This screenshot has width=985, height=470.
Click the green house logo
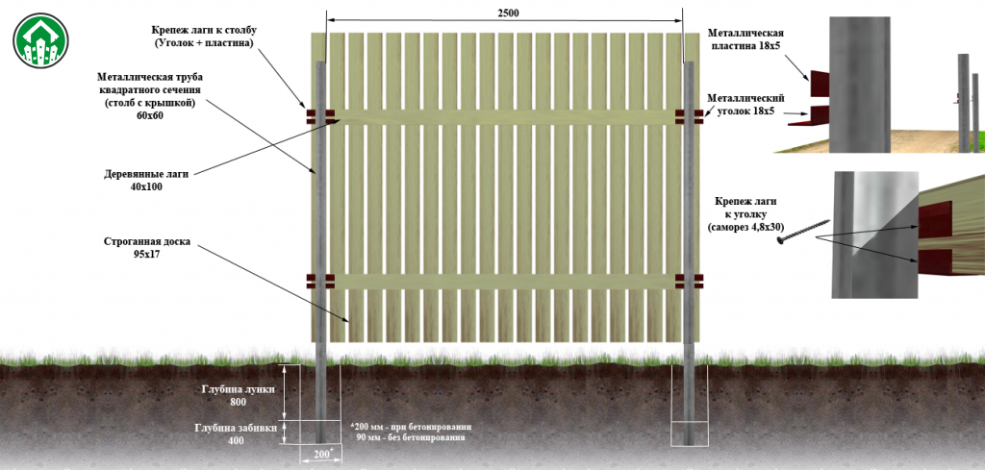click(x=40, y=40)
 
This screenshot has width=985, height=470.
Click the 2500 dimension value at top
click(x=508, y=12)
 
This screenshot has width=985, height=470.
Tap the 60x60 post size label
click(x=150, y=114)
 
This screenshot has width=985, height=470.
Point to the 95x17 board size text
click(x=147, y=255)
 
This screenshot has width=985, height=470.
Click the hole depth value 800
click(x=239, y=401)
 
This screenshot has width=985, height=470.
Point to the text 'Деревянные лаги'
click(x=146, y=174)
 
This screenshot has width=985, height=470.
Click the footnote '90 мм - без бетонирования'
click(x=410, y=436)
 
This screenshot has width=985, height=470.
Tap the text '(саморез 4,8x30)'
click(x=746, y=226)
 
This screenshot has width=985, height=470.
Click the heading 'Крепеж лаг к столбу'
click(x=204, y=30)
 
